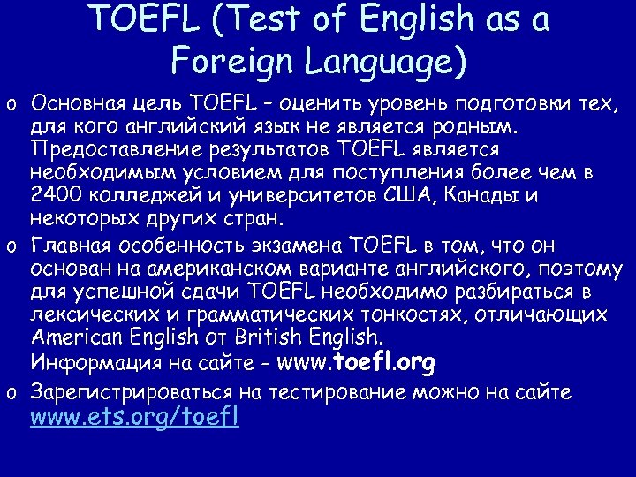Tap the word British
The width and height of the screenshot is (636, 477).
275,337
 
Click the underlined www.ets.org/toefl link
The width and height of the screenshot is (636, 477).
134,416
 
